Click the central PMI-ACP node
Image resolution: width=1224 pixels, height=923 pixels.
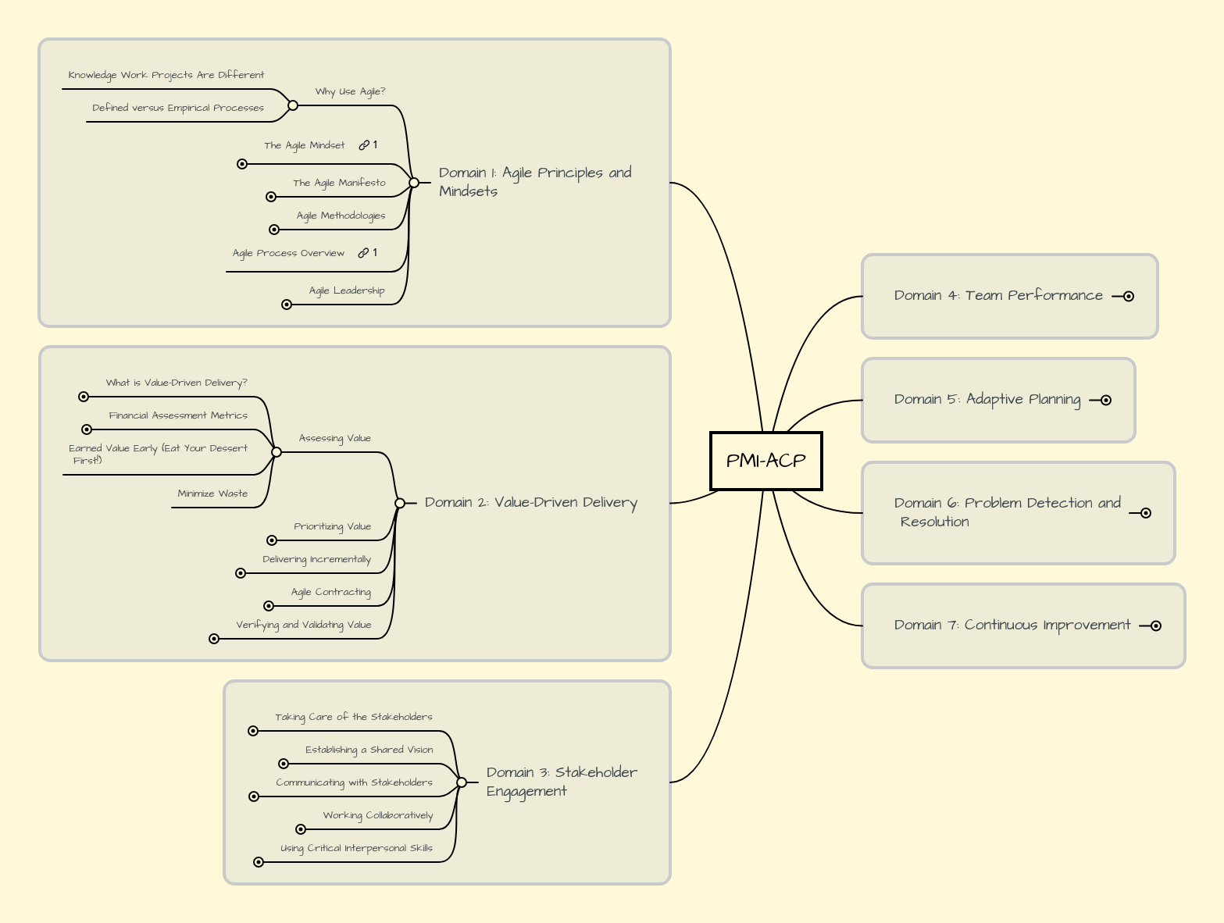pyautogui.click(x=765, y=461)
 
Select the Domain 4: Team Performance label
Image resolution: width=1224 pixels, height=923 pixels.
pyautogui.click(x=998, y=295)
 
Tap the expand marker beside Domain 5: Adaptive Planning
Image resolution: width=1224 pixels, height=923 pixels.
pyautogui.click(x=1105, y=401)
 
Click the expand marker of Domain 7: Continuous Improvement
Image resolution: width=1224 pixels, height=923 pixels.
pyautogui.click(x=1156, y=625)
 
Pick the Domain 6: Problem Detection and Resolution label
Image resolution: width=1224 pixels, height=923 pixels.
pyautogui.click(x=1007, y=512)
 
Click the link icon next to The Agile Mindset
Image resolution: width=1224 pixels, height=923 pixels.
pyautogui.click(x=364, y=145)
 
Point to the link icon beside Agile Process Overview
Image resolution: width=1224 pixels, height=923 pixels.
pyautogui.click(x=363, y=253)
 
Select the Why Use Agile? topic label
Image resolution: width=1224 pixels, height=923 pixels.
pyautogui.click(x=350, y=92)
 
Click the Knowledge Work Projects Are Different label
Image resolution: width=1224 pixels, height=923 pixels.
pyautogui.click(x=166, y=76)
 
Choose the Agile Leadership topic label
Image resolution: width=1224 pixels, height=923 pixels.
pyautogui.click(x=347, y=291)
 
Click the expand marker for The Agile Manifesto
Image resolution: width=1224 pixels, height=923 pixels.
pyautogui.click(x=271, y=197)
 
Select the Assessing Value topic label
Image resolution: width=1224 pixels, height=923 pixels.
pyautogui.click(x=334, y=439)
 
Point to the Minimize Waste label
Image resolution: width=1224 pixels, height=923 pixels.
pyautogui.click(x=212, y=494)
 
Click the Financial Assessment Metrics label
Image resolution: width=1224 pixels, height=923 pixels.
pyautogui.click(x=178, y=416)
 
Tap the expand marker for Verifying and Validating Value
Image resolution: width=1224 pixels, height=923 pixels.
pyautogui.click(x=214, y=639)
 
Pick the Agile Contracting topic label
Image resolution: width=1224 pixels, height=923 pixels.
pyautogui.click(x=331, y=593)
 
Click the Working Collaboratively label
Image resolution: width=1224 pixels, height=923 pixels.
pyautogui.click(x=378, y=816)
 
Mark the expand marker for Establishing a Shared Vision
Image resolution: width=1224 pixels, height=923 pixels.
pyautogui.click(x=284, y=764)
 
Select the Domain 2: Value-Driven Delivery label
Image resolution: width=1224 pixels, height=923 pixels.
pyautogui.click(x=530, y=503)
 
